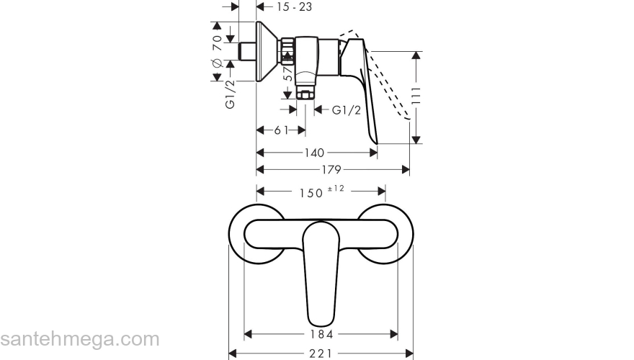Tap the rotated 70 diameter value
point(216,43)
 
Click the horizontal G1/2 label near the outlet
point(347,110)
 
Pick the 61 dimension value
point(281,130)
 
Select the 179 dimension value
point(331,169)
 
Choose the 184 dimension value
point(321,335)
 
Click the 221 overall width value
point(321,354)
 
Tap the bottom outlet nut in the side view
point(303,94)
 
